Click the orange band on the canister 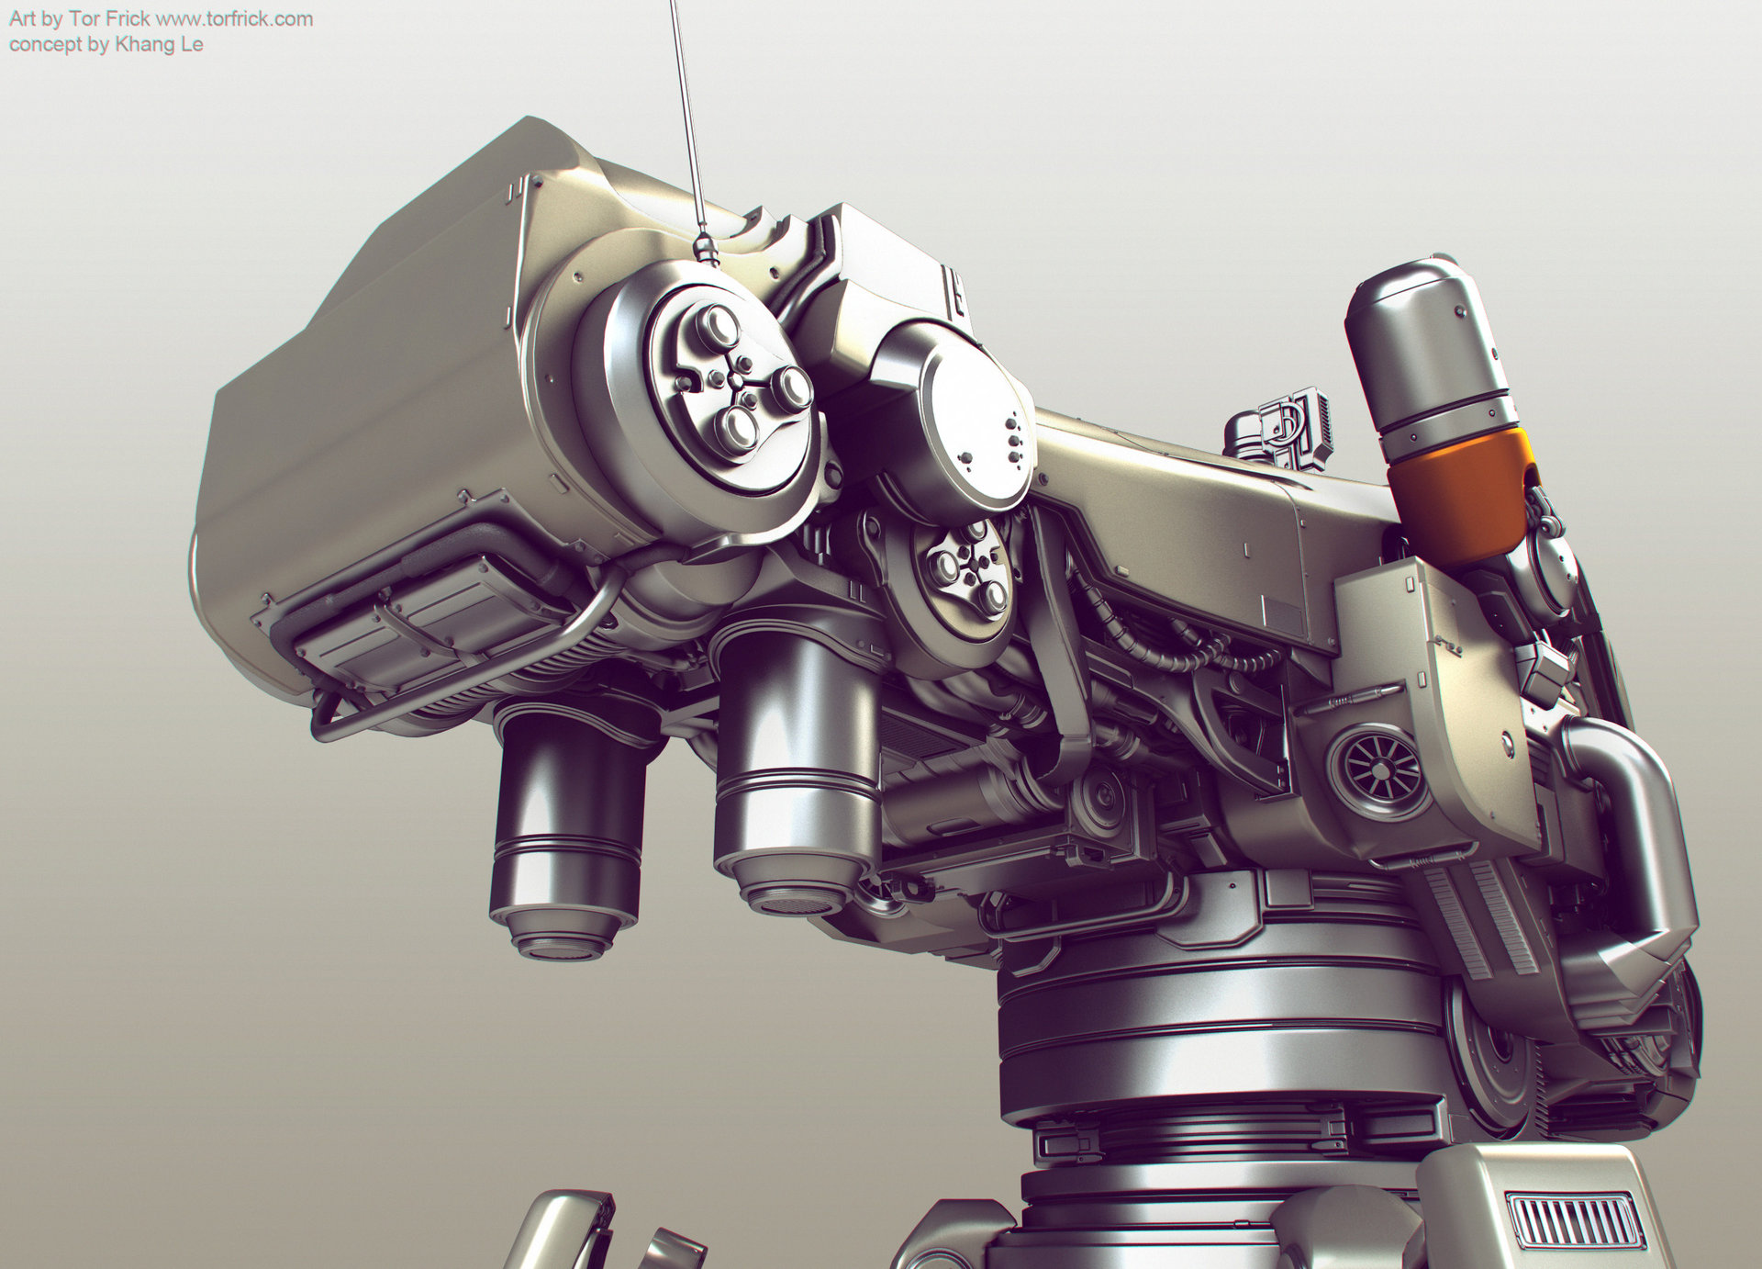[x=1459, y=491]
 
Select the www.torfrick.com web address [x=235, y=19]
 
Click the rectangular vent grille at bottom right [x=1574, y=1221]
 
